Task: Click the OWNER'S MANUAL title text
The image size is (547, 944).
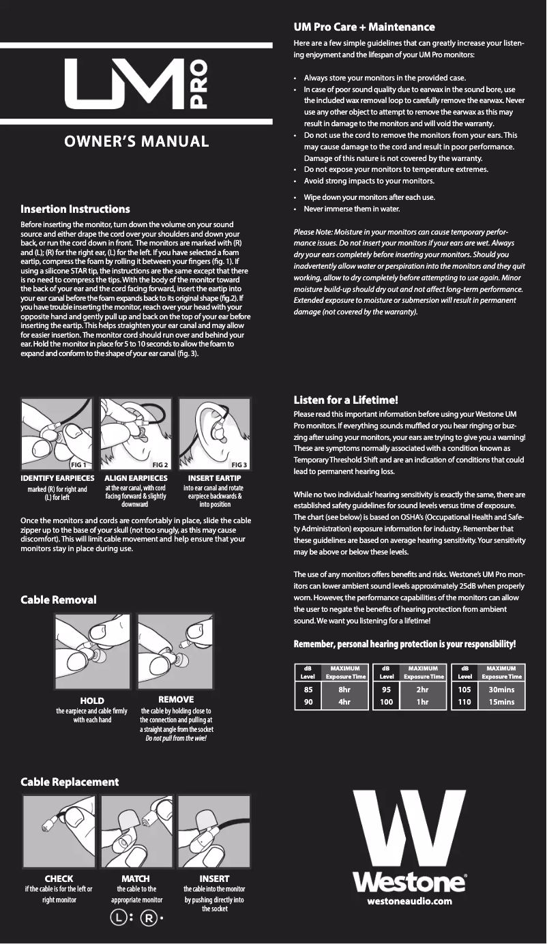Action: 136,142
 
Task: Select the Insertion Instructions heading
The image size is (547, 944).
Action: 75,209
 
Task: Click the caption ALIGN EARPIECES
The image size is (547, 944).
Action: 136,479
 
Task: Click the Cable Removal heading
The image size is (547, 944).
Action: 59,600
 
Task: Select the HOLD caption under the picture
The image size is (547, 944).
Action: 92,700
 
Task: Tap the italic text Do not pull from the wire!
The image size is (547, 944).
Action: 176,739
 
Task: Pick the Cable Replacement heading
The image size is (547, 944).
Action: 70,782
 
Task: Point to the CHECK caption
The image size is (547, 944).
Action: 59,879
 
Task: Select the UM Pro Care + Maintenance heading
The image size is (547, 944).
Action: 364,27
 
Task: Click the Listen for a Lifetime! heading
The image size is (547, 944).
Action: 346,400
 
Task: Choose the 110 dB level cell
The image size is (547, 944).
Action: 464,700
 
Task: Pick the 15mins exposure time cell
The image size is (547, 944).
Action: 501,700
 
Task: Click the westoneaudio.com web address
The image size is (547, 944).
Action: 409,902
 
